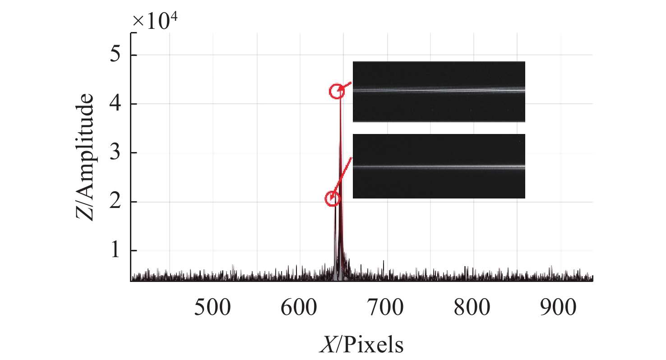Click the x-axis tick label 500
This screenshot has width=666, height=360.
(213, 309)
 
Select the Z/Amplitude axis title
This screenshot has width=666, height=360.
(85, 157)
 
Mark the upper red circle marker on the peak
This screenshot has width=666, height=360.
(336, 91)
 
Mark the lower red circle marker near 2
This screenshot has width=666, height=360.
(333, 198)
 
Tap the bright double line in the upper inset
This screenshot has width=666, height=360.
(439, 90)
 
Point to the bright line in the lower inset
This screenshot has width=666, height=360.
(439, 167)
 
